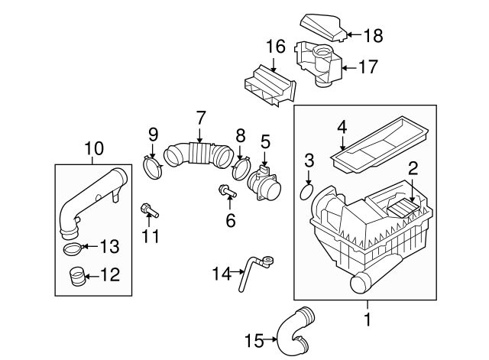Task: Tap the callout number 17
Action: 368,67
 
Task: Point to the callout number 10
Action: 95,148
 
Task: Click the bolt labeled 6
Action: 228,190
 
